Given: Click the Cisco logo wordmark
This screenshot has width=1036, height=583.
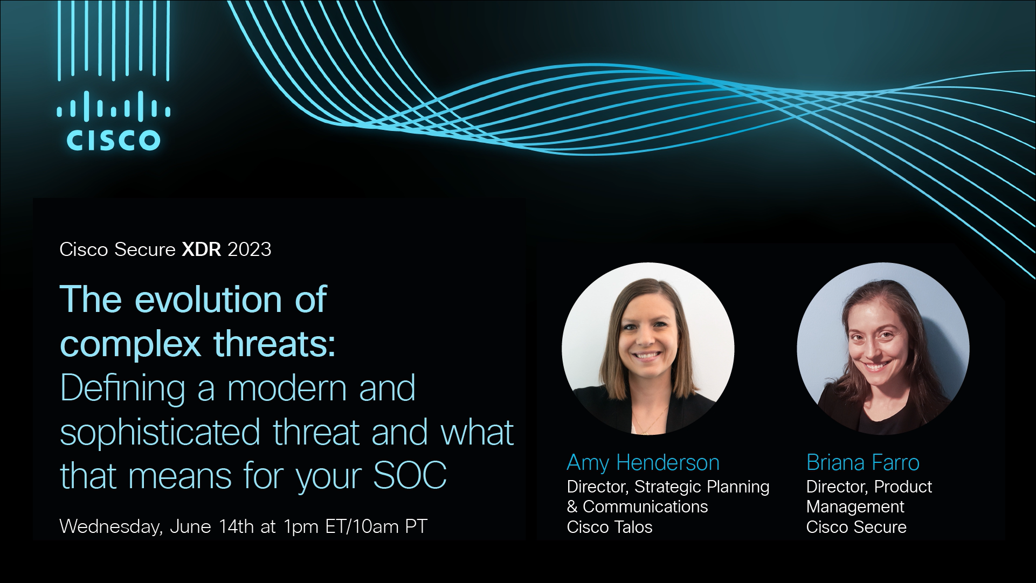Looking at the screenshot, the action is (x=113, y=140).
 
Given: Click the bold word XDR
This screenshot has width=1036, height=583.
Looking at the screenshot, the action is (x=202, y=249).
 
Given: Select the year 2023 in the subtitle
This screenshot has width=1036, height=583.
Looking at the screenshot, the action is (x=250, y=249).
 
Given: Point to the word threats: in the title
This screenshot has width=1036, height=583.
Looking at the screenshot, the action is (x=275, y=343).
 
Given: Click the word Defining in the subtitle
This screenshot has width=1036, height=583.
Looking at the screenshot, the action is (x=123, y=389).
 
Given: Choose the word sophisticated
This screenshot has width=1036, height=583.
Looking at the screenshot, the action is (x=160, y=433).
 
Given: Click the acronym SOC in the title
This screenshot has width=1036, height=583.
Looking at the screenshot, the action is (x=410, y=475).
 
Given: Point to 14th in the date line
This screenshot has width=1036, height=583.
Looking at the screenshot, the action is (x=236, y=526).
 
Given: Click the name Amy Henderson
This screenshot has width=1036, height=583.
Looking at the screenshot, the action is (x=643, y=462).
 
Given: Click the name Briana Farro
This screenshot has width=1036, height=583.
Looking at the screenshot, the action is (x=862, y=462).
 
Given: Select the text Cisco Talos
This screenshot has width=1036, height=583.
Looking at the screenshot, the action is (x=610, y=526).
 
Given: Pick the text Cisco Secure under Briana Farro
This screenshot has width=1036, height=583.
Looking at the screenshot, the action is (x=856, y=526).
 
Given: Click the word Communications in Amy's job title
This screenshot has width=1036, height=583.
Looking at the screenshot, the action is (x=645, y=506).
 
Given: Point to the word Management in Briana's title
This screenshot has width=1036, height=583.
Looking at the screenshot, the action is (x=855, y=507).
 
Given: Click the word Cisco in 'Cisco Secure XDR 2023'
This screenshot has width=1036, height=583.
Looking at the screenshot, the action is (x=84, y=249).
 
